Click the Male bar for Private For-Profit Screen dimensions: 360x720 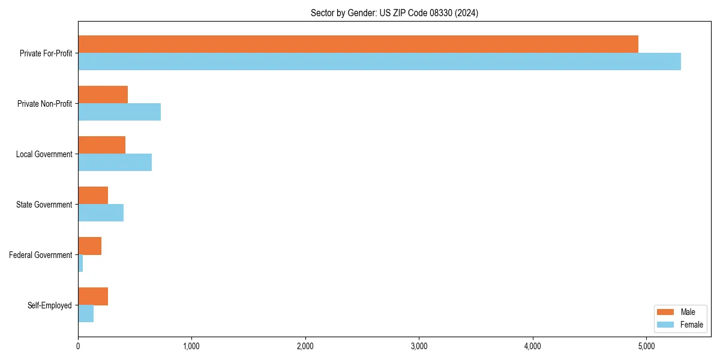(358, 44)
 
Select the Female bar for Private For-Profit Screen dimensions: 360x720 (379, 62)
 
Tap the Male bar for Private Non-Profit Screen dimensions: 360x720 (103, 95)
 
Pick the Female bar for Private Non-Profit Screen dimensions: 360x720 (119, 112)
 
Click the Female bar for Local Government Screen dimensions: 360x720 (115, 163)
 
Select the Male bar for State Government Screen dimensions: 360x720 (93, 196)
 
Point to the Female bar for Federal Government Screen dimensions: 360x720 (80, 263)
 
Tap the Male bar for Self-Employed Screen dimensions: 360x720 (93, 296)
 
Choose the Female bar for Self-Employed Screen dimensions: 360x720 (86, 314)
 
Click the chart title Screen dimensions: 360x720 (394, 13)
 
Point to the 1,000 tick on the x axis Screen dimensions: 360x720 (191, 346)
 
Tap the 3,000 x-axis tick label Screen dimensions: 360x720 (419, 346)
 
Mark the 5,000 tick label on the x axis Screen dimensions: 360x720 (646, 346)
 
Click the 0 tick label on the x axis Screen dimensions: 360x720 (78, 346)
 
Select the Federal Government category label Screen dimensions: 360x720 (41, 255)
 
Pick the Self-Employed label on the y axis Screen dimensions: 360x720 (50, 305)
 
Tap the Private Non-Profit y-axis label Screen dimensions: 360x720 (44, 104)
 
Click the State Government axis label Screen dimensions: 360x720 (44, 205)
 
